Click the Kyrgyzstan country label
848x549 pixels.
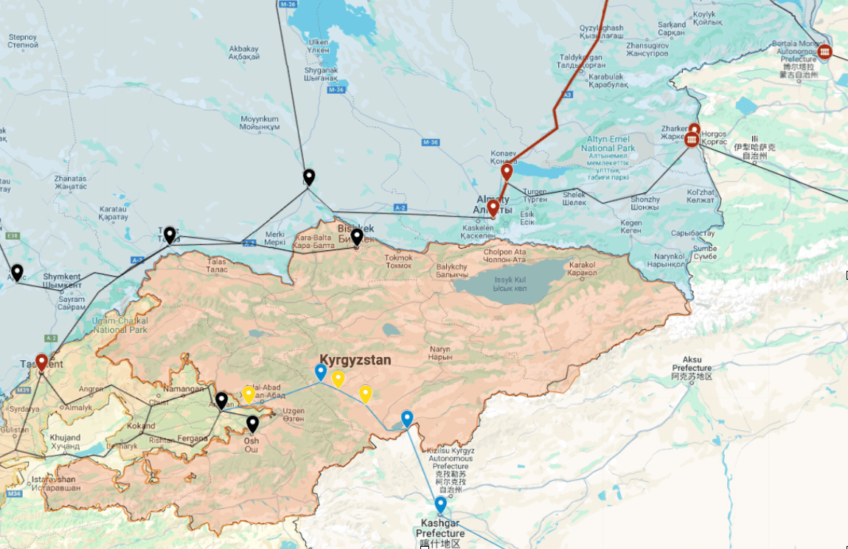[x=355, y=360]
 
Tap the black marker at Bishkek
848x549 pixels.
[x=356, y=237]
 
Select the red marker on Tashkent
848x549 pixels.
[x=42, y=362]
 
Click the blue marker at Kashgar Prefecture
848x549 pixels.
[x=440, y=505]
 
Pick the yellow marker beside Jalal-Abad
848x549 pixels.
[x=249, y=395]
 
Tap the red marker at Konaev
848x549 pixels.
[x=507, y=173]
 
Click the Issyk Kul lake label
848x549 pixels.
[x=511, y=283]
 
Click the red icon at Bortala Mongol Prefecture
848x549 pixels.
[x=824, y=52]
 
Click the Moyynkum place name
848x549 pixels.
[x=260, y=122]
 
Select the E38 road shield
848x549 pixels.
[x=10, y=236]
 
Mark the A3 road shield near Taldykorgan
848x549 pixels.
[x=566, y=95]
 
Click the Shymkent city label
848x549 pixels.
[x=63, y=281]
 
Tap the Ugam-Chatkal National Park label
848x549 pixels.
[x=121, y=325]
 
